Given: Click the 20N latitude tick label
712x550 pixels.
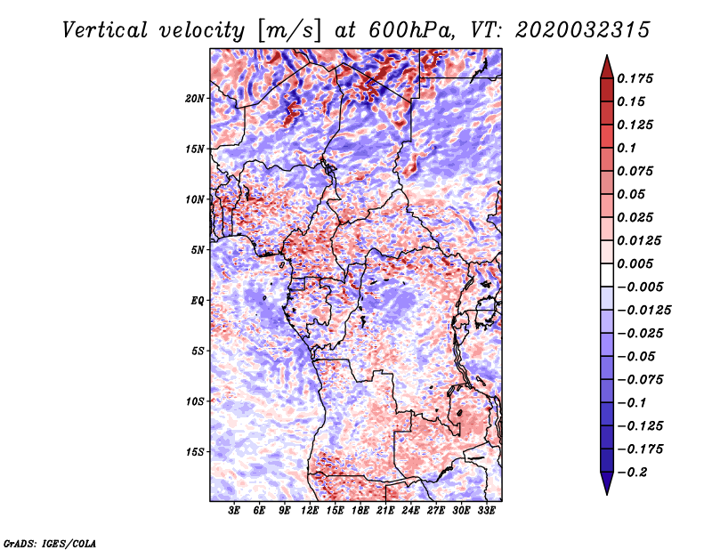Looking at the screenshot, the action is point(194,99).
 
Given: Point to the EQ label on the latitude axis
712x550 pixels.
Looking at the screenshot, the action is point(197,301).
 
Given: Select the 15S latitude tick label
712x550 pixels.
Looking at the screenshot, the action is point(195,452).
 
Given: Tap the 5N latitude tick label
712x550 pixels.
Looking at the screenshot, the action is point(198,250).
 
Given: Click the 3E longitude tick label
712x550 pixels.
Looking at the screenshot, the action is point(234,510).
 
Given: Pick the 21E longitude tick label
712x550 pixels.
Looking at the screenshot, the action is point(385,510).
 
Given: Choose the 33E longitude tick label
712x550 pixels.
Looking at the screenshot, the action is point(486,510).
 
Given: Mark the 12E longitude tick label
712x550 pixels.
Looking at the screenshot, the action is point(309,510).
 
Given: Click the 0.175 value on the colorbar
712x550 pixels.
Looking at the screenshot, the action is point(635,78).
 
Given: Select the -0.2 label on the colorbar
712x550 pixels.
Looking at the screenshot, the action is point(632,473).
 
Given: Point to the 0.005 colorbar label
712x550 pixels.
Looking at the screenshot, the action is point(635,263).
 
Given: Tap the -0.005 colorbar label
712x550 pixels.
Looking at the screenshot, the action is point(640,287).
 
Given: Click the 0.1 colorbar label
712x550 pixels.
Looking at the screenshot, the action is point(627,148).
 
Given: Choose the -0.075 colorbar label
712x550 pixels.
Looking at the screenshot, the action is point(640,380).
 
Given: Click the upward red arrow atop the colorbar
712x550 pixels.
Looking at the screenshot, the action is point(607,67).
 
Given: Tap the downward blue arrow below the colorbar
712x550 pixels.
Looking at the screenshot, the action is point(607,483).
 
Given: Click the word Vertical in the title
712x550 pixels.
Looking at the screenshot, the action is point(104,30).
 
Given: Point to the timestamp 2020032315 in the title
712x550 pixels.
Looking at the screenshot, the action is point(583,30).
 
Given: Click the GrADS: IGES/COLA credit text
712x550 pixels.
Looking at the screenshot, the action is point(50,543).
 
